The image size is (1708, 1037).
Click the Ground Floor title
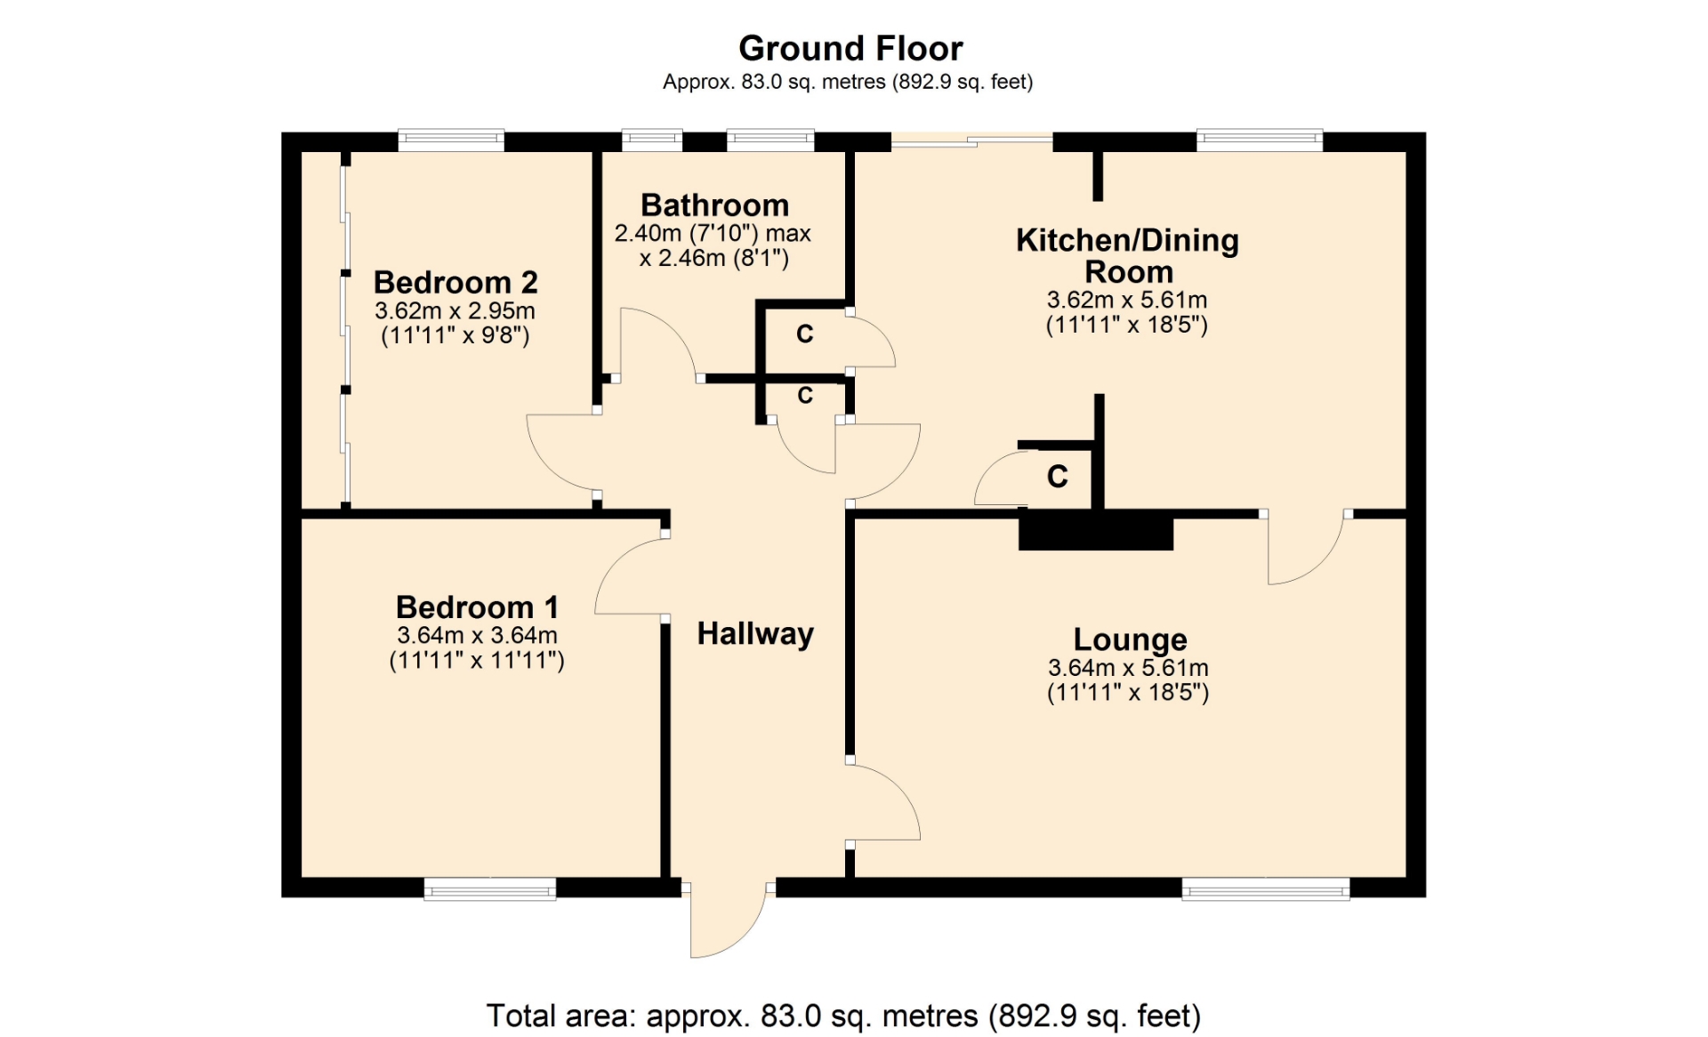click(x=850, y=48)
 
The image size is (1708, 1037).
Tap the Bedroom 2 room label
click(x=455, y=282)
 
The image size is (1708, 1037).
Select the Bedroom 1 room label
click(x=477, y=607)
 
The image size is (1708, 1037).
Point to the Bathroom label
click(x=714, y=205)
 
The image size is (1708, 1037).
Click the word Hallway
click(x=755, y=634)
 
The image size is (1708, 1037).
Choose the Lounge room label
click(x=1130, y=639)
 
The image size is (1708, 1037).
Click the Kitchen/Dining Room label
click(x=1128, y=255)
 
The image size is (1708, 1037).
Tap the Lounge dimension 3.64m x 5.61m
click(x=1128, y=668)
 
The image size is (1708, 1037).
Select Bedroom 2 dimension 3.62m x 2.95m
click(x=455, y=311)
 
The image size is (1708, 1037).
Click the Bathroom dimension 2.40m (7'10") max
click(x=713, y=234)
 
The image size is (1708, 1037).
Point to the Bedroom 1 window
click(x=489, y=888)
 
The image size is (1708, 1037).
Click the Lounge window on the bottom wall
click(x=1265, y=888)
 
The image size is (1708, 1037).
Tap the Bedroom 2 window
click(x=451, y=141)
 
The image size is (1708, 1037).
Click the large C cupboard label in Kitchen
click(x=1057, y=477)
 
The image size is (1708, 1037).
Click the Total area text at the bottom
click(x=843, y=1016)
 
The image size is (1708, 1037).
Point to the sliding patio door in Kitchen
click(x=971, y=140)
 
